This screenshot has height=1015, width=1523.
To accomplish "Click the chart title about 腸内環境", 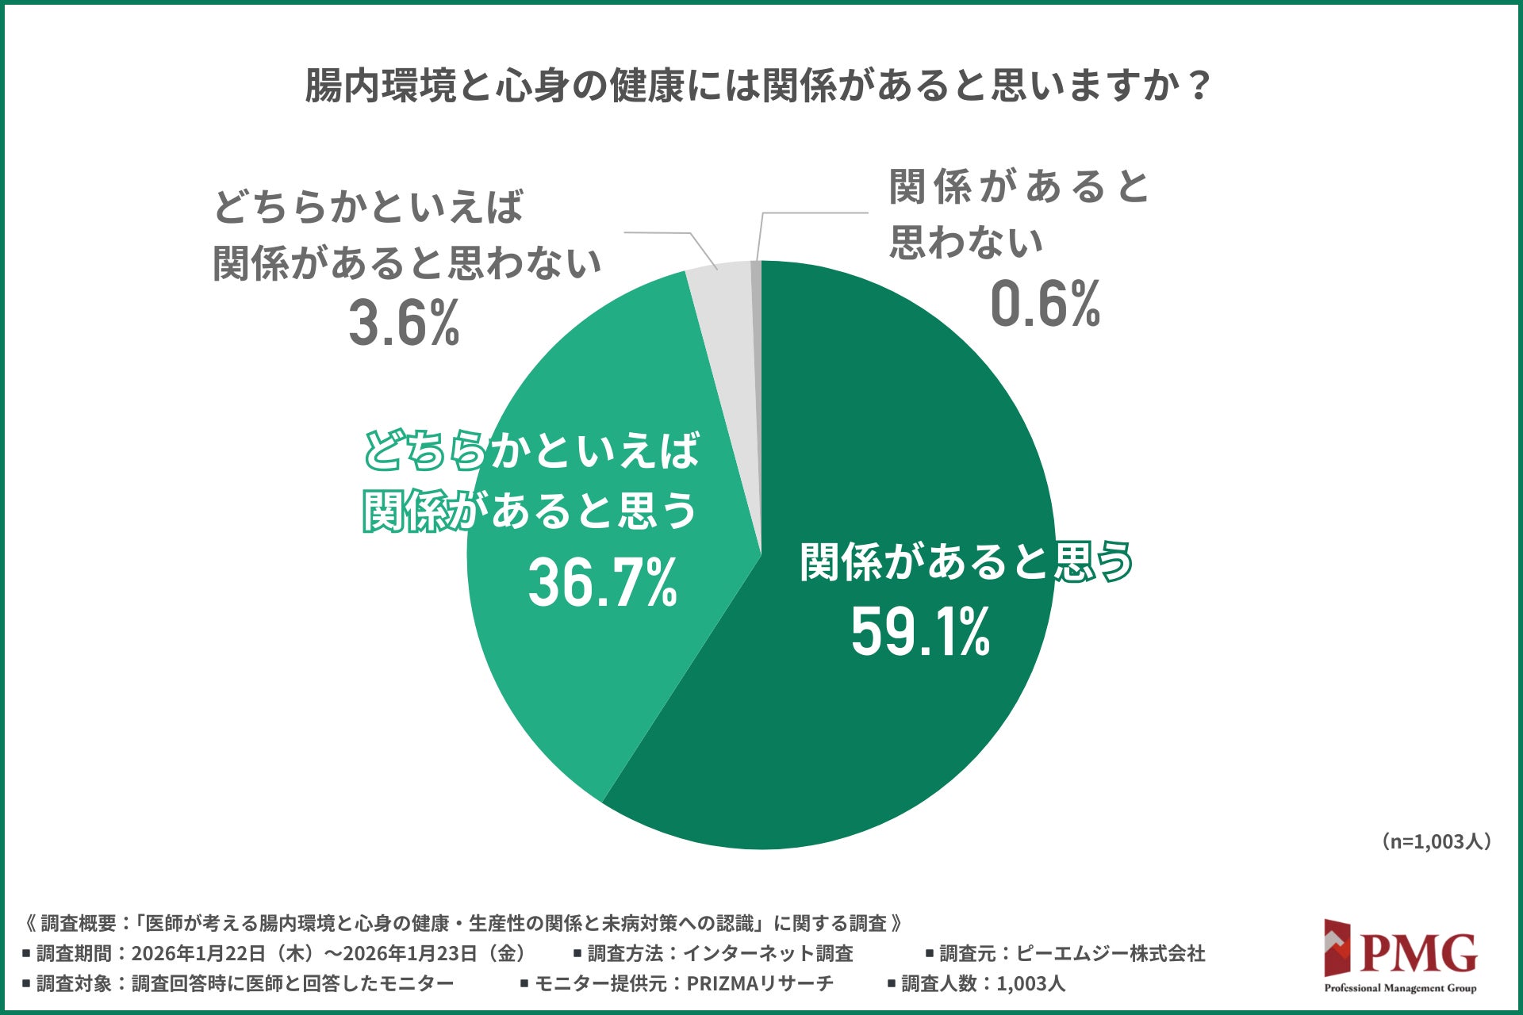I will pos(758,86).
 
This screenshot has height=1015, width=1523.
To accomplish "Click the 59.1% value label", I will pos(920,633).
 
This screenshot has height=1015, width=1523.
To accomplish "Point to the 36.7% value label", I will pos(603,583).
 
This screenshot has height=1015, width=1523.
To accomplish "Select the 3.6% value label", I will pos(405,324).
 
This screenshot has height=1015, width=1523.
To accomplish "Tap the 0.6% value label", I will pos(1045,304).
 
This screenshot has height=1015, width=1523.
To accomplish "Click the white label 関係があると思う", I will pos(965,561).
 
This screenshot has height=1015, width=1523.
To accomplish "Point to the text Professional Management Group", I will pos(1400,988).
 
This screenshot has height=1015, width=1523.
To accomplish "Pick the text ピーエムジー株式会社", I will pos(1110,953).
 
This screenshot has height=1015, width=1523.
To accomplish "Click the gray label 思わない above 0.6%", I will pos(965,242).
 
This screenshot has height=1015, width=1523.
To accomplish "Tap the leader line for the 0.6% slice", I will pos(809,213).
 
